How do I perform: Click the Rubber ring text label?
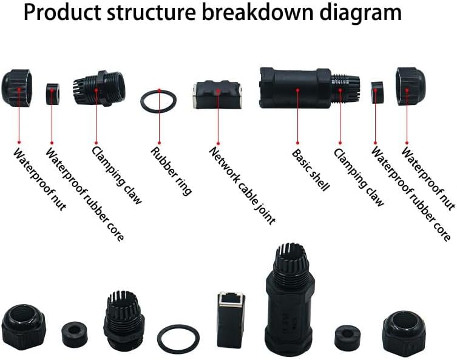click(x=171, y=171)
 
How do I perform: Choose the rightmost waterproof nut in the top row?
click(x=411, y=86)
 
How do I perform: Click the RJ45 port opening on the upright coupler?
click(x=231, y=298)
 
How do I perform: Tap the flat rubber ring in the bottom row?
click(x=178, y=338)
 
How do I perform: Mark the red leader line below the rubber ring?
click(x=159, y=127)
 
